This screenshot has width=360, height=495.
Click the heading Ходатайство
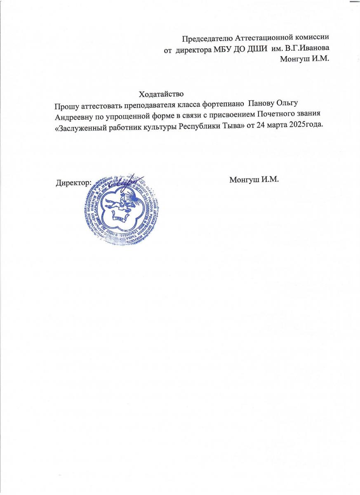coord(161,93)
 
